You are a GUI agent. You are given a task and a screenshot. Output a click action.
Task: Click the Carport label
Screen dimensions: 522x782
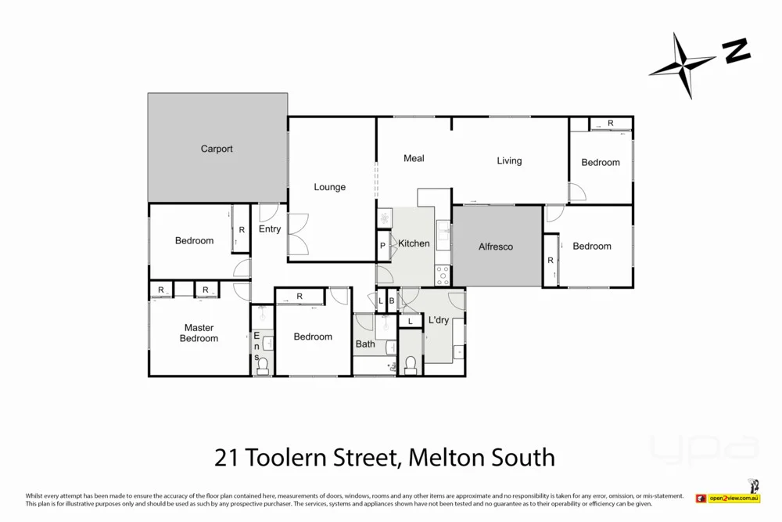pyautogui.click(x=217, y=149)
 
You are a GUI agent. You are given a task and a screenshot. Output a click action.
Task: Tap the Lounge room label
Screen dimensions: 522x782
pyautogui.click(x=329, y=187)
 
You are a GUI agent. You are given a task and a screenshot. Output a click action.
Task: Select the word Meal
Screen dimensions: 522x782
pyautogui.click(x=414, y=158)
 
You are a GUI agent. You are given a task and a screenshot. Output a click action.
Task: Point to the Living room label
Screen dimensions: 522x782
pyautogui.click(x=509, y=160)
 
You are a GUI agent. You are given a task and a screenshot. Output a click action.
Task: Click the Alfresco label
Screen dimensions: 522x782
pyautogui.click(x=496, y=247)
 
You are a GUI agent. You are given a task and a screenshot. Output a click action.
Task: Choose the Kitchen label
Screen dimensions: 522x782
pyautogui.click(x=414, y=243)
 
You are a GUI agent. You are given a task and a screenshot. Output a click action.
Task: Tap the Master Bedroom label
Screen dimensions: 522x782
pyautogui.click(x=199, y=333)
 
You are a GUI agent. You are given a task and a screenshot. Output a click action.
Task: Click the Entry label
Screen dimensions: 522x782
pyautogui.click(x=270, y=229)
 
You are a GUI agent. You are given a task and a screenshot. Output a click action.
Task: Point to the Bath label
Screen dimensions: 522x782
pyautogui.click(x=365, y=344)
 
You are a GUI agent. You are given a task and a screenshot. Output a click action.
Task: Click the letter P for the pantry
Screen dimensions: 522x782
pyautogui.click(x=382, y=245)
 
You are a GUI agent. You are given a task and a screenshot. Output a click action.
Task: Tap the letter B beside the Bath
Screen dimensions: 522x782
pyautogui.click(x=391, y=301)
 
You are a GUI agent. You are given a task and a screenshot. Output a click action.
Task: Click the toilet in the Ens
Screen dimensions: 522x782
pyautogui.click(x=263, y=364)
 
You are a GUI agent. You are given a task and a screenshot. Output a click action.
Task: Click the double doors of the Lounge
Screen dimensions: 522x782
pyautogui.click(x=298, y=234)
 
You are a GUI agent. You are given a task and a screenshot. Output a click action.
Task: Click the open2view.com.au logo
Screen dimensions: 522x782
pyautogui.click(x=734, y=498)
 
